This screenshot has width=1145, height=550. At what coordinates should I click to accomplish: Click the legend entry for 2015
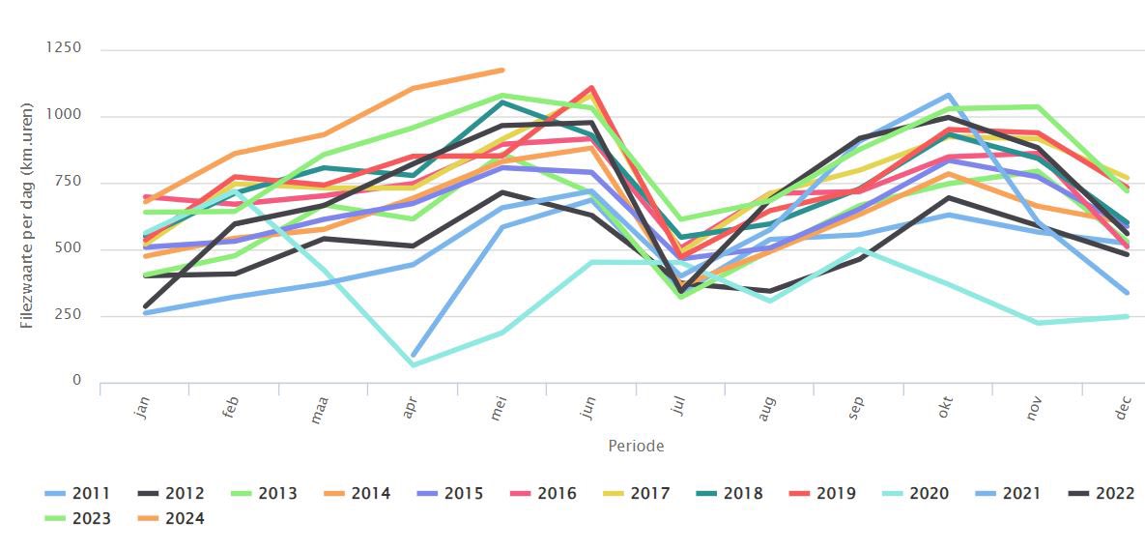point(451,494)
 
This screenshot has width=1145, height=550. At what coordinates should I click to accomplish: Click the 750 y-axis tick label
point(70,182)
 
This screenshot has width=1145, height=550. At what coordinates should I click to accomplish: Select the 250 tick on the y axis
point(70,315)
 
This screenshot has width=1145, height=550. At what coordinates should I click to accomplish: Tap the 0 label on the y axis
point(78,381)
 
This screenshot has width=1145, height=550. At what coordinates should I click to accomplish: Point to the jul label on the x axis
point(679,410)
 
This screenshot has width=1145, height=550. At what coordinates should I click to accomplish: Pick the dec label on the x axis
point(1124,410)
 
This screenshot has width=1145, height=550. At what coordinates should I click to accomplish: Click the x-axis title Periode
point(636,446)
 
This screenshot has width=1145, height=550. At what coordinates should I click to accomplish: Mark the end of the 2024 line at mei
point(502,70)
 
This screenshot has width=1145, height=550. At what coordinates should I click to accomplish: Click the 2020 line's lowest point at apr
point(414,364)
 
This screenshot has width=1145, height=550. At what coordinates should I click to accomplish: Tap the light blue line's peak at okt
point(949,96)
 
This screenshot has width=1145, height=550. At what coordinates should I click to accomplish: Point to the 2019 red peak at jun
point(590,88)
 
